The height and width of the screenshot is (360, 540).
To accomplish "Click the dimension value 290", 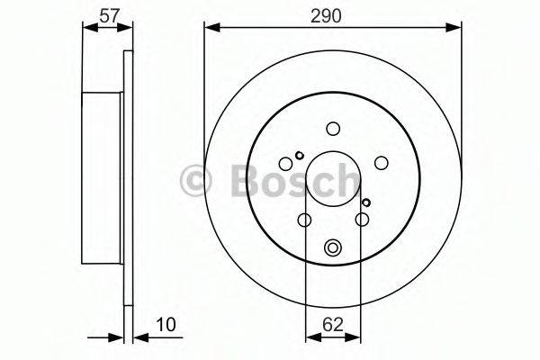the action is coord(326,16).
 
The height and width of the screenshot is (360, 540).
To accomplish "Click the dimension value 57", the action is coord(109,16).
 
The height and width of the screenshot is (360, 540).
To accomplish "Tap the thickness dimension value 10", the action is coord(166,324).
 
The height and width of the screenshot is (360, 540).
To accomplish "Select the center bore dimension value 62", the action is coord(333,324).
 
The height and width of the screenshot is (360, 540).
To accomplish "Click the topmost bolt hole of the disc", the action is coord(333,129).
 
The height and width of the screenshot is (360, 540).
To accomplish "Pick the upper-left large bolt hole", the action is coord(285,163).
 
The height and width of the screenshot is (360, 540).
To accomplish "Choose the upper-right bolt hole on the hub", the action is coord(382,163).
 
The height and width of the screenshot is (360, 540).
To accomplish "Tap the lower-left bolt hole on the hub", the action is coord(304,220).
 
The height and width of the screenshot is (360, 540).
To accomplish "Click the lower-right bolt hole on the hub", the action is coord(362,219).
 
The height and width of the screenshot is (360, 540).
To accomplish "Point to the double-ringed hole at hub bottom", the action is coord(333,247).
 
